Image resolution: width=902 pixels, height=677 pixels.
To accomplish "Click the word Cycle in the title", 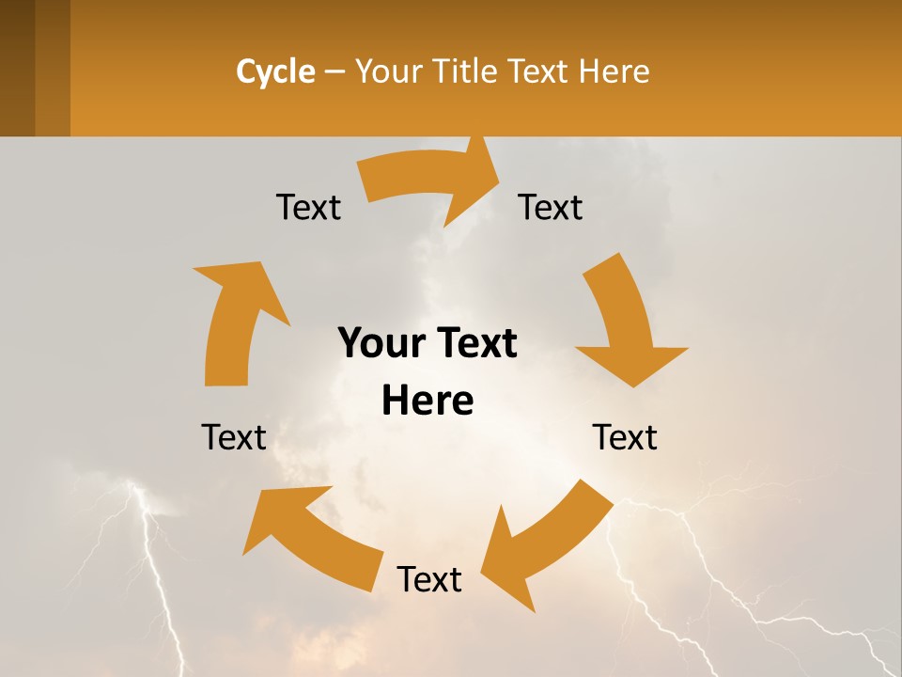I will (x=275, y=71).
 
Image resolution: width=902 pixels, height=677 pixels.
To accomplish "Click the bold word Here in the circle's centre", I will (x=428, y=401).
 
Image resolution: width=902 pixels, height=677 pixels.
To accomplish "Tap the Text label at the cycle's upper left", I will (x=308, y=207).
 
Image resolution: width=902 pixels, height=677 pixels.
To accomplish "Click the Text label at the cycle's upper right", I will (x=551, y=207).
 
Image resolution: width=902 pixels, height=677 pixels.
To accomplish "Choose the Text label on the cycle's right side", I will (x=625, y=437).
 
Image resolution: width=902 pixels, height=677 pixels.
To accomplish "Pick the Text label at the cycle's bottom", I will (x=429, y=579).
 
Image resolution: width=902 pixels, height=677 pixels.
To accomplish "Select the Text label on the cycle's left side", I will (x=234, y=437).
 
